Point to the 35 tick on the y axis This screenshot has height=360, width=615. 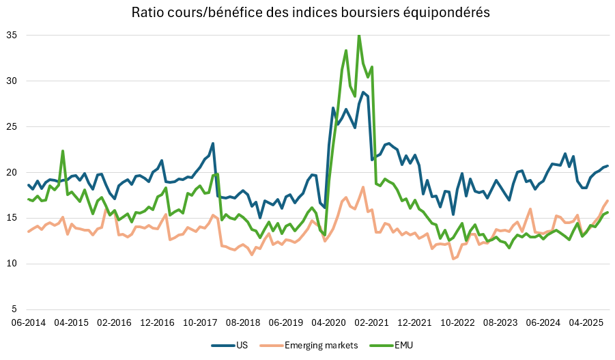13,35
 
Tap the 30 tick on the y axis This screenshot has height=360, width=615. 13,81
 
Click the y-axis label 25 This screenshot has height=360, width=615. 13,126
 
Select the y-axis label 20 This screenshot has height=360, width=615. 13,172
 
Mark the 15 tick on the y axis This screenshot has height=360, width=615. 13,218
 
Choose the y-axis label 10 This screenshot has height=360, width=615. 13,264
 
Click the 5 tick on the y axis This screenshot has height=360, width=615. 16,309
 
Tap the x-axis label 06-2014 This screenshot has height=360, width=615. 27,322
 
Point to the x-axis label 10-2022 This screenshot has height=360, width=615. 451,322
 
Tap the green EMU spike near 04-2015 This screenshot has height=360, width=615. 63,151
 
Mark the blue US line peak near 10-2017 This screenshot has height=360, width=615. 213,143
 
